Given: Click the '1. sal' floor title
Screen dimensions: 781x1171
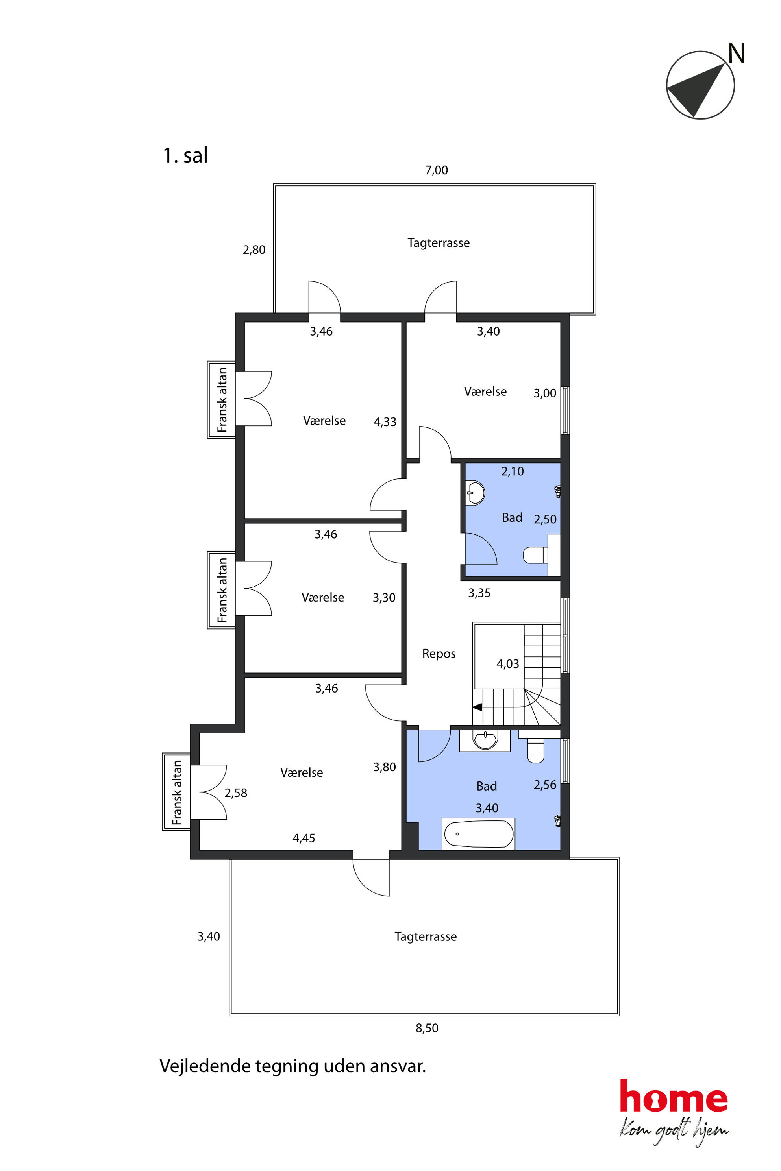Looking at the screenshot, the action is [185, 155].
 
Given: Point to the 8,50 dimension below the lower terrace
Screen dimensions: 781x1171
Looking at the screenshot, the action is [427, 1028].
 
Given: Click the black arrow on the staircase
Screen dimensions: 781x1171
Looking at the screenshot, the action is [477, 707].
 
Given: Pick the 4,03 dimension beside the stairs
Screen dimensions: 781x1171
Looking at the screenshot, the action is [507, 664].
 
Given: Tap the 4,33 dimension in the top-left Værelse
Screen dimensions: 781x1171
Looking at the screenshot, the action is [385, 422].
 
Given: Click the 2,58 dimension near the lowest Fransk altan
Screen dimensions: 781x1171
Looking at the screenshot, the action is [235, 793].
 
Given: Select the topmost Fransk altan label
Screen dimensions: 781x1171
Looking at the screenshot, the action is [222, 400].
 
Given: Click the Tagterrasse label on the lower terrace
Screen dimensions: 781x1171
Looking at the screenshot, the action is [426, 936].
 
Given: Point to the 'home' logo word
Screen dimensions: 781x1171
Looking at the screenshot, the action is [674, 1096].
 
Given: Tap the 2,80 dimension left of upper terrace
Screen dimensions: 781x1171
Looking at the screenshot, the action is [254, 250].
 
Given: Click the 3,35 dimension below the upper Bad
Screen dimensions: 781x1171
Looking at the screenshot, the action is [479, 593].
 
